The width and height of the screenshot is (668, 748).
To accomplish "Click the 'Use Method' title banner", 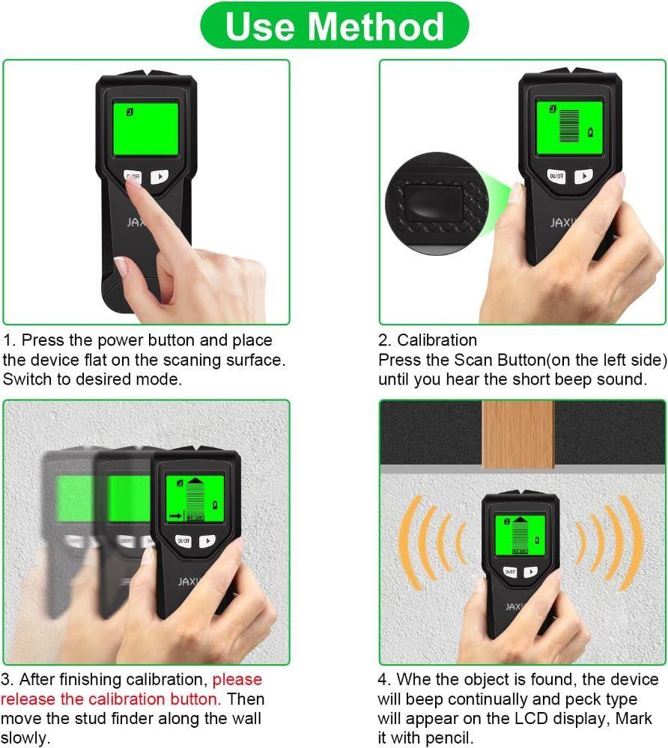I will (x=334, y=25).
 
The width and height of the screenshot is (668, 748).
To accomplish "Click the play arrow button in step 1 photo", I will (x=160, y=177).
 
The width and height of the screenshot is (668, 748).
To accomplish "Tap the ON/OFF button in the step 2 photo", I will (x=556, y=177).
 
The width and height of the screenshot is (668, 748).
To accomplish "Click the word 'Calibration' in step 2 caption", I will (x=437, y=340).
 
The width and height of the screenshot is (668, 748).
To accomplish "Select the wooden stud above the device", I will (x=518, y=434).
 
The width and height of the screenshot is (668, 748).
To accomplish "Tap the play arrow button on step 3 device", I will (x=207, y=540).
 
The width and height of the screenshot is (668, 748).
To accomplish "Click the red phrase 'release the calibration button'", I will (x=110, y=699).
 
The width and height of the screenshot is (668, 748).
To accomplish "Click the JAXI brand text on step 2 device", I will (x=562, y=222).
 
